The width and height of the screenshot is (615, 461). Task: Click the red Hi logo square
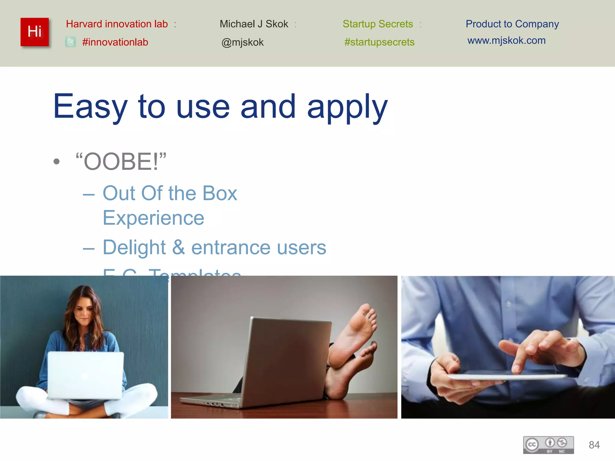pyautogui.click(x=35, y=32)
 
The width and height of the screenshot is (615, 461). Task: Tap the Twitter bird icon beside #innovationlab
pyautogui.click(x=71, y=42)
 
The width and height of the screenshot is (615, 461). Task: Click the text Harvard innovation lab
pyautogui.click(x=117, y=24)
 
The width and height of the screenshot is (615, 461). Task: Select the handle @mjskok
pyautogui.click(x=242, y=42)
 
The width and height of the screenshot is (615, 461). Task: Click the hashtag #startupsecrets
pyautogui.click(x=379, y=42)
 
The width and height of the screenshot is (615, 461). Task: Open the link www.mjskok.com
pyautogui.click(x=506, y=41)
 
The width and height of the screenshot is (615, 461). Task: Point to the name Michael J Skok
pyautogui.click(x=254, y=24)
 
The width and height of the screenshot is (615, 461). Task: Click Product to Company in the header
pyautogui.click(x=512, y=24)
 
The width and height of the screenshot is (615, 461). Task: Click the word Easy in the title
pyautogui.click(x=90, y=107)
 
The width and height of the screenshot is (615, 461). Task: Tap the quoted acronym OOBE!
pyautogui.click(x=121, y=162)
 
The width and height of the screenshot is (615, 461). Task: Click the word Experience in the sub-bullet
pyautogui.click(x=153, y=218)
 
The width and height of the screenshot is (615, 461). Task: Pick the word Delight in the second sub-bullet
pyautogui.click(x=134, y=248)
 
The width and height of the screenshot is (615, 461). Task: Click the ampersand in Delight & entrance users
pyautogui.click(x=178, y=248)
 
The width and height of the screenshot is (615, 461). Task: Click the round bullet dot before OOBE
pyautogui.click(x=56, y=162)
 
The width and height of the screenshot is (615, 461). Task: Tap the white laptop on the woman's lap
pyautogui.click(x=86, y=375)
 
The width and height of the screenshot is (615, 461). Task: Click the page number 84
pyautogui.click(x=594, y=445)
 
